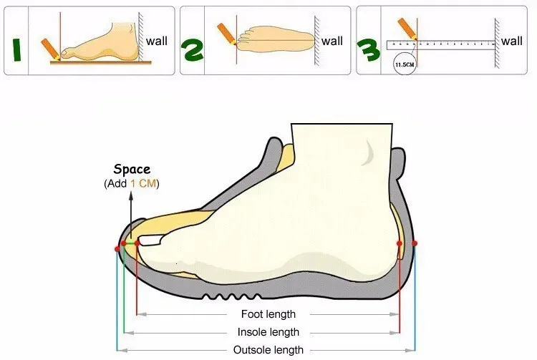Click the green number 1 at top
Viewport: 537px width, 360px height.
(16, 50)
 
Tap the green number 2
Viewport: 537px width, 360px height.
(192, 50)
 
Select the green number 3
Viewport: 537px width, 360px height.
(368, 50)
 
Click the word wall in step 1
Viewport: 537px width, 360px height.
(157, 41)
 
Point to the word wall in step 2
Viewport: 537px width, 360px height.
(332, 41)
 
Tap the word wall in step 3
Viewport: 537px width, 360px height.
(512, 41)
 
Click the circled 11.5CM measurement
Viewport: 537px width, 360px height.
(405, 64)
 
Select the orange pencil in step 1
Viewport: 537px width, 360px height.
(50, 49)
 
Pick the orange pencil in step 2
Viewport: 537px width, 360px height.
(226, 34)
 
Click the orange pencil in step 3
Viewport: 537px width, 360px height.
(407, 29)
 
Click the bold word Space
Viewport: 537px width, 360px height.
(132, 169)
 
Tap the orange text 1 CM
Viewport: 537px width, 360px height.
(142, 183)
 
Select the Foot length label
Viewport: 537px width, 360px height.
(268, 314)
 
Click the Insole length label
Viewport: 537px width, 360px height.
(268, 332)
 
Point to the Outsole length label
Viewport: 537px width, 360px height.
(268, 350)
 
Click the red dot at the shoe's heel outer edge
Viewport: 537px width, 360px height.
(415, 243)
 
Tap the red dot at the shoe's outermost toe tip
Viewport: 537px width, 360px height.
(117, 249)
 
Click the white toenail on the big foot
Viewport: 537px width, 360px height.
(150, 240)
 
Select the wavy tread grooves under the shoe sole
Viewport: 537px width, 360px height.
(232, 296)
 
